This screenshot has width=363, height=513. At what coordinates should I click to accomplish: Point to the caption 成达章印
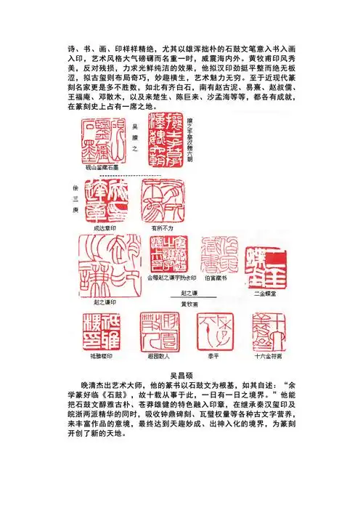[105, 227]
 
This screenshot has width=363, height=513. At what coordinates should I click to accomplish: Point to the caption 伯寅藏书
[219, 277]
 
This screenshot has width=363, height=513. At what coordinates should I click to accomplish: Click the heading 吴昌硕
[181, 373]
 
